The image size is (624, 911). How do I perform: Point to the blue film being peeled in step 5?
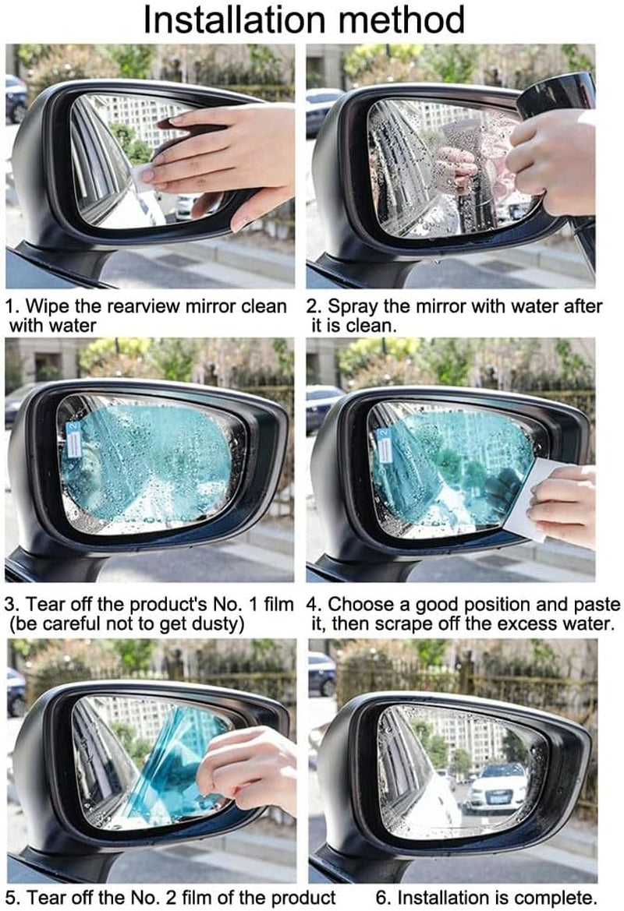pos(168,768)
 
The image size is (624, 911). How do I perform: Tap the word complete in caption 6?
pos(558,896)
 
